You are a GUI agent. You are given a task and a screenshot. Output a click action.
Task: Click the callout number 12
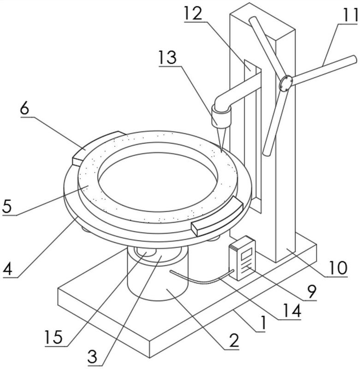pos(193,13)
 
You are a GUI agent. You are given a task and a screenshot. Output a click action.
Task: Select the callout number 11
pos(349,15)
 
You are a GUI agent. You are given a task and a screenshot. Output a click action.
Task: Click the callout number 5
pos(7,206)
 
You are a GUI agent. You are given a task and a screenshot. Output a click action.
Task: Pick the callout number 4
pos(7,269)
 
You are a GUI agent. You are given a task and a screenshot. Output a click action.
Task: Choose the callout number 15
pos(54,337)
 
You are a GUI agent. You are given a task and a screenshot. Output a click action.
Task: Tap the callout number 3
pos(92,357)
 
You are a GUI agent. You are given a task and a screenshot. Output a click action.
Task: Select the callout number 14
pos(292,310)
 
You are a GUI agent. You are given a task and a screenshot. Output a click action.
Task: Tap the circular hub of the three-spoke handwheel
pos(285,83)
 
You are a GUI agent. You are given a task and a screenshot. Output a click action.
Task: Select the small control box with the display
pos(242,258)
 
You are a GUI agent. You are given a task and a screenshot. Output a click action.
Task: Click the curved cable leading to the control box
pos(202,280)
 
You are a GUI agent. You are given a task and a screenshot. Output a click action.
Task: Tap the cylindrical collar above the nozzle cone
pos(221,116)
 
